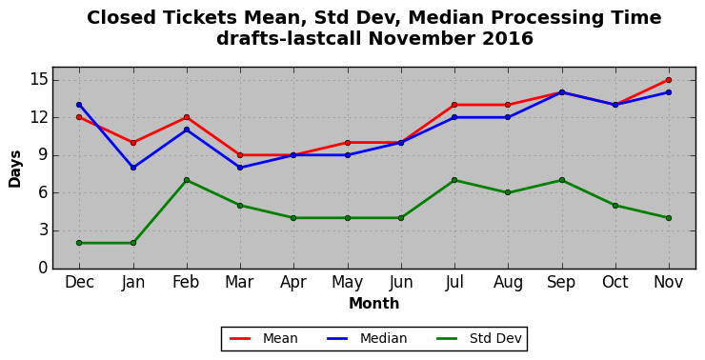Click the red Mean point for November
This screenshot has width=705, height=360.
pos(669,80)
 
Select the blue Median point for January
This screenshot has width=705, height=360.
pos(133,168)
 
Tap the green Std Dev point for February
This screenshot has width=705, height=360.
pos(187,180)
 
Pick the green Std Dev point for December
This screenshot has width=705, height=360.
pos(79,243)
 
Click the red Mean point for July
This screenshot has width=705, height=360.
pos(454,105)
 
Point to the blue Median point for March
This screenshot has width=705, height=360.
pos(240,168)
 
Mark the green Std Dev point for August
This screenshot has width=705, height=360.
pos(508,192)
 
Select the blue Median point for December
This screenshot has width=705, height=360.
pos(79,105)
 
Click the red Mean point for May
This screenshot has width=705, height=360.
pos(348,143)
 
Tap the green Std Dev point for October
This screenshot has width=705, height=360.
pos(615,206)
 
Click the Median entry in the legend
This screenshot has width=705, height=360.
pos(368,338)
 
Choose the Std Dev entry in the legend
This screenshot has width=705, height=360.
pos(479,338)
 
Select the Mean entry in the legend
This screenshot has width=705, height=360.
pos(264,338)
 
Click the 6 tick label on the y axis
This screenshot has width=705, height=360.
pos(43,193)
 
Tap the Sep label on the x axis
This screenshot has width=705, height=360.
pos(561,282)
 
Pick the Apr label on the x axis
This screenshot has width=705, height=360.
pos(293,282)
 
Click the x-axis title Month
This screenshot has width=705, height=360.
pos(374,304)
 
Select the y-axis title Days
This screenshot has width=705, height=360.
pos(15,169)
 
